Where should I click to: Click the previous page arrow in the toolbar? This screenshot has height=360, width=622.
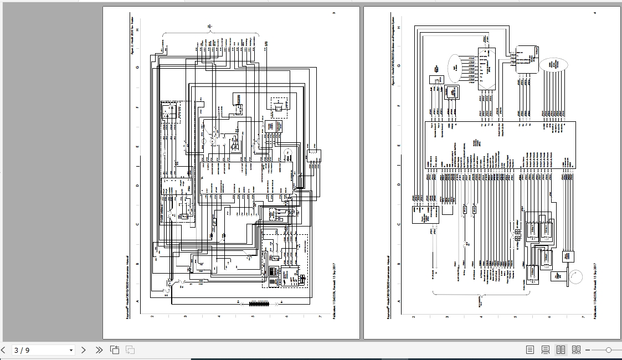[3, 350]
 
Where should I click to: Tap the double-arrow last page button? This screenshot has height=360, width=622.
[99, 350]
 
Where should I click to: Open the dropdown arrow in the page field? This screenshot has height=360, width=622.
[71, 350]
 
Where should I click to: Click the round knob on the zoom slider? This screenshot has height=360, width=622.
[609, 350]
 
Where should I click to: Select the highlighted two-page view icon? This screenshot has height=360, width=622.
[561, 350]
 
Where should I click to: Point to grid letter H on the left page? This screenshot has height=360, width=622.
[138, 29]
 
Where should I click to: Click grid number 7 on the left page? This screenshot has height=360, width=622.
[320, 317]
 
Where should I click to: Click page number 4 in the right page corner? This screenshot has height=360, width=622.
[595, 13]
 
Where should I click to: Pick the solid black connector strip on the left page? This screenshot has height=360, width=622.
[258, 304]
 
